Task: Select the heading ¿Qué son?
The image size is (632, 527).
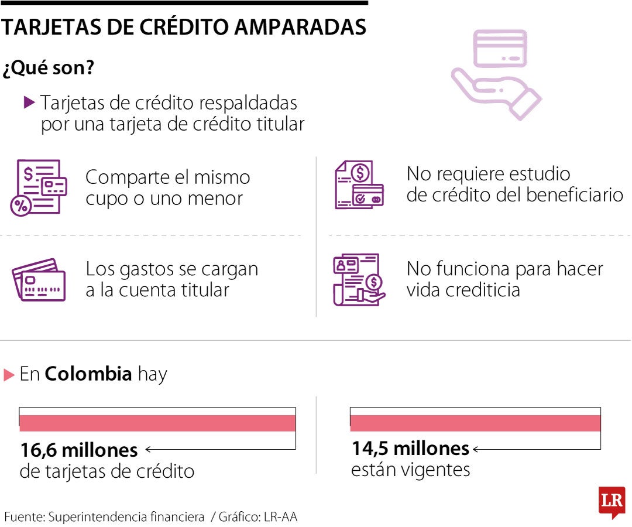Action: [49, 68]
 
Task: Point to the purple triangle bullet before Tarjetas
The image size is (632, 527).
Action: [30, 102]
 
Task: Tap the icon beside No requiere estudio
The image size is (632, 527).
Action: [359, 184]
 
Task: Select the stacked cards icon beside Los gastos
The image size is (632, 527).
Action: [39, 280]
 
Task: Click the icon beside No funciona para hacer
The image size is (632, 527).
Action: [358, 279]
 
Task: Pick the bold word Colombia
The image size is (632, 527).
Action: [88, 374]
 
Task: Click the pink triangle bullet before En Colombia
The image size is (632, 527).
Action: [9, 375]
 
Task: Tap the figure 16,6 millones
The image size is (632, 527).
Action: [79, 450]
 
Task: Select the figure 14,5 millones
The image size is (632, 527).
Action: [410, 449]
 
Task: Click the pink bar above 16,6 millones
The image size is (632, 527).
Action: [157, 423]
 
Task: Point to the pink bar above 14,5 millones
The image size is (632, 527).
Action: [475, 423]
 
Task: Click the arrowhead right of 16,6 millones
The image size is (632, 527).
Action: [148, 450]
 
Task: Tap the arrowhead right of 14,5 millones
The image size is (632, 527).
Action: [475, 449]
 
